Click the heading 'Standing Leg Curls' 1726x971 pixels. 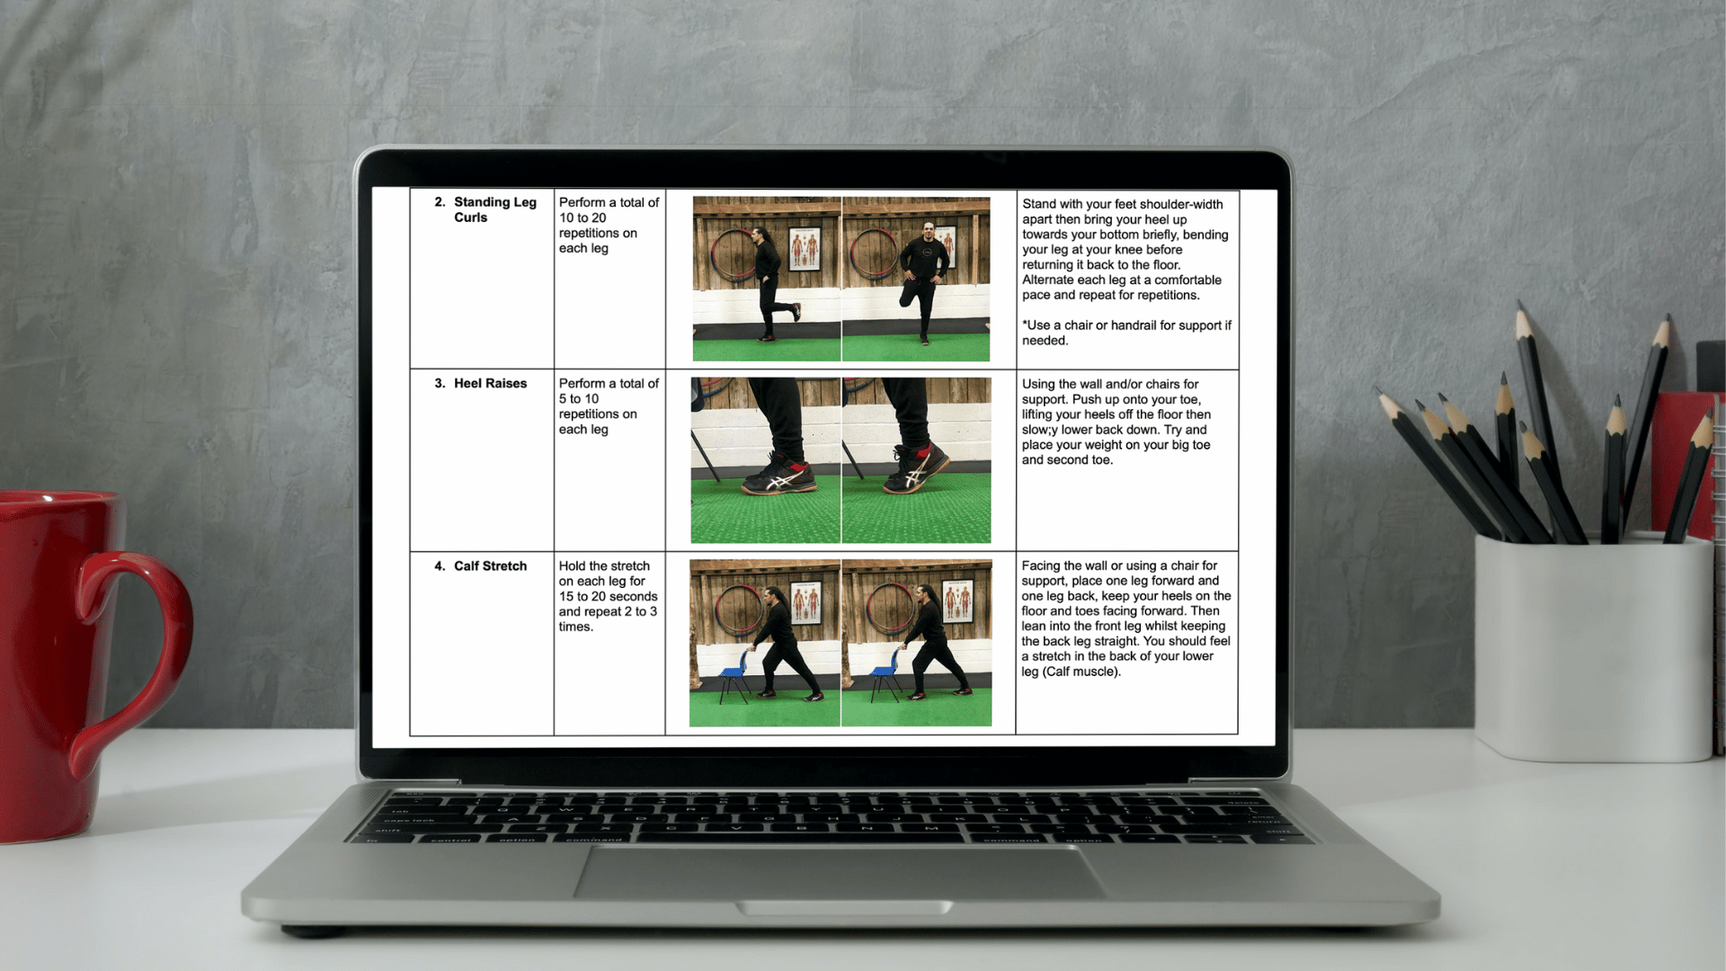point(494,209)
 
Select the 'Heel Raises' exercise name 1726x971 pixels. point(490,383)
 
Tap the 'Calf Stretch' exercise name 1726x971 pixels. point(490,566)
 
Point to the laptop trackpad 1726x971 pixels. point(840,873)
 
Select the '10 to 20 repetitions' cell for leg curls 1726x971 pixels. point(609,225)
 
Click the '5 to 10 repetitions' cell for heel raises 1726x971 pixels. point(609,405)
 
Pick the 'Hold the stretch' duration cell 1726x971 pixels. point(608,596)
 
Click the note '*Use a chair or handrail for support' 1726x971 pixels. point(1126,333)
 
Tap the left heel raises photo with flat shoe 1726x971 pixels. point(765,460)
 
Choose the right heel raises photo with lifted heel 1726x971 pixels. point(917,460)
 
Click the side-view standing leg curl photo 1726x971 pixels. point(767,279)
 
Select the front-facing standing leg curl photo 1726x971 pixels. point(916,279)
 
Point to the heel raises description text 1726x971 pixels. point(1117,422)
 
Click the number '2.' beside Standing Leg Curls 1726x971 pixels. point(440,202)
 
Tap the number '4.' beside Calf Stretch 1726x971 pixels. point(440,566)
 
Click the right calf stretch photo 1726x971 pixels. point(917,643)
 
